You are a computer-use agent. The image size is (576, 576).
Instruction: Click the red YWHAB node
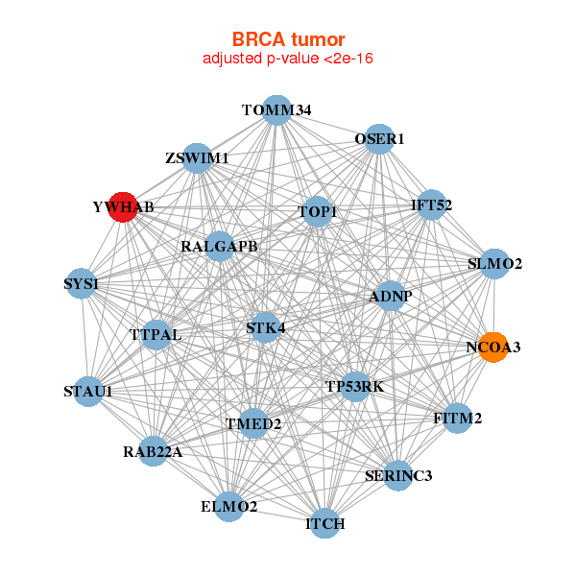(123, 206)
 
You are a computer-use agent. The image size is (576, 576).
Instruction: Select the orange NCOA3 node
(492, 348)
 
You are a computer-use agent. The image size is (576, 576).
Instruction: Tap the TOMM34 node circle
(276, 110)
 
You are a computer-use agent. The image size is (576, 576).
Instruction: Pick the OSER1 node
(380, 139)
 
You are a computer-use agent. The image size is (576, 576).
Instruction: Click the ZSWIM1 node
(197, 158)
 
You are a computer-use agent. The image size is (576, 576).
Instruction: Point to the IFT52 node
(432, 204)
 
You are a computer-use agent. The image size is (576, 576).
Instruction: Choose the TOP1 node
(317, 211)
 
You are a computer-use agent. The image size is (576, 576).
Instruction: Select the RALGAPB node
(220, 247)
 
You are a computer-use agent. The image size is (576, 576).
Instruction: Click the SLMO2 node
(493, 263)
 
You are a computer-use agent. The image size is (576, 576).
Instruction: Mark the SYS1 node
(82, 284)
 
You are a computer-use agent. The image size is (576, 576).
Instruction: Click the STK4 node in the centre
(265, 328)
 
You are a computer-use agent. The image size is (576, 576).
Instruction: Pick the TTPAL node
(156, 335)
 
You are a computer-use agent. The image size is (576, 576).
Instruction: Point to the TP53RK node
(355, 387)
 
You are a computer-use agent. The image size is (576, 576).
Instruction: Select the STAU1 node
(87, 392)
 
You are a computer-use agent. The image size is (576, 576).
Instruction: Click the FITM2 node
(457, 419)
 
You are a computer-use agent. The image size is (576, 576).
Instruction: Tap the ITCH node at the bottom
(325, 524)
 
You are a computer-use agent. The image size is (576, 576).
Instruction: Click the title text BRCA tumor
(288, 39)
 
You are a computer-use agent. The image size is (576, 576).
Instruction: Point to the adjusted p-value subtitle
(288, 59)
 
